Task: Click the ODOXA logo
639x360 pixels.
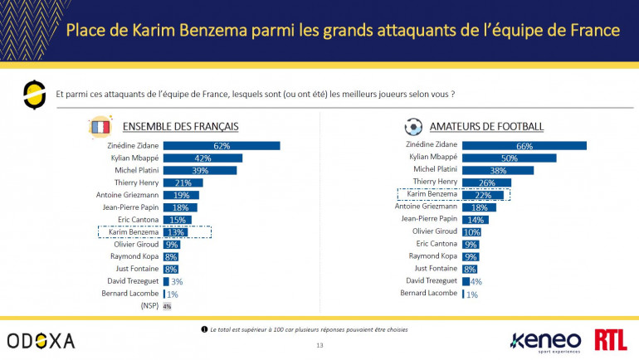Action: coord(41,340)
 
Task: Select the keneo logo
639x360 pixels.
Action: coord(546,338)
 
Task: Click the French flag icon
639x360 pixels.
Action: coord(99,127)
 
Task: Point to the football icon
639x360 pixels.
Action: coord(412,127)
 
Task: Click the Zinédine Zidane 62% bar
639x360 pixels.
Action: coord(221,146)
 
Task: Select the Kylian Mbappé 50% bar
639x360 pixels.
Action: coord(509,158)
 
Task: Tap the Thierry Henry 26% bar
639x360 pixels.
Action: coord(486,182)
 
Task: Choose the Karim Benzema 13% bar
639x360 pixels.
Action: coord(176,232)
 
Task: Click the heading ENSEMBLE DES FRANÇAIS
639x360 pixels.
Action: coord(180,127)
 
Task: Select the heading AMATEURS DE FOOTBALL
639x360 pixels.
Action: coord(486,127)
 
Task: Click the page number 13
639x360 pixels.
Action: coord(319,345)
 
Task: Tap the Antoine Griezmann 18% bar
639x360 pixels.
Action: coord(479,207)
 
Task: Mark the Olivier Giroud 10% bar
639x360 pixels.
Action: coord(471,231)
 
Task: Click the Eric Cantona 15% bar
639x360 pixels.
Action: coord(177,220)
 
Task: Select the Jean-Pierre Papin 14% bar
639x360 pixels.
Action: coord(475,219)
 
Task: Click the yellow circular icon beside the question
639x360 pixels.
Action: coord(32,95)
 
